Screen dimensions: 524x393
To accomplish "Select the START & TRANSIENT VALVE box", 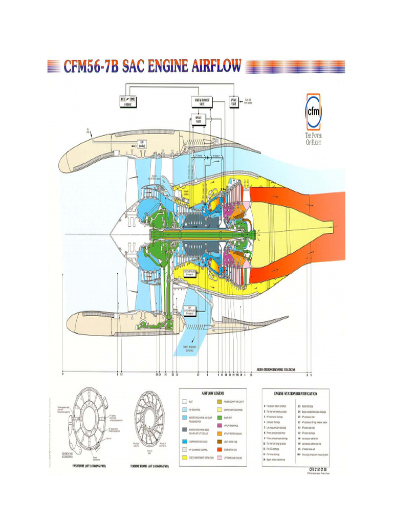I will coord(203,101).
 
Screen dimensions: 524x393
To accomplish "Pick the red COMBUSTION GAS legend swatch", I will coord(220,450).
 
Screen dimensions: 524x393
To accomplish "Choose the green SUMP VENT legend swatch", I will coord(220,418).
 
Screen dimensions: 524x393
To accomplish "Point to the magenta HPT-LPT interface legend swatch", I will coord(220,425).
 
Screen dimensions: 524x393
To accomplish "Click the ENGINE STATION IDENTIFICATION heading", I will coord(295,394).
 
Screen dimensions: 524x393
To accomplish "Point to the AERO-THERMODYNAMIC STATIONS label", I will coord(276,369).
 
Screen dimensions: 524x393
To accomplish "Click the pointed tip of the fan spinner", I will coord(110,234).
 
